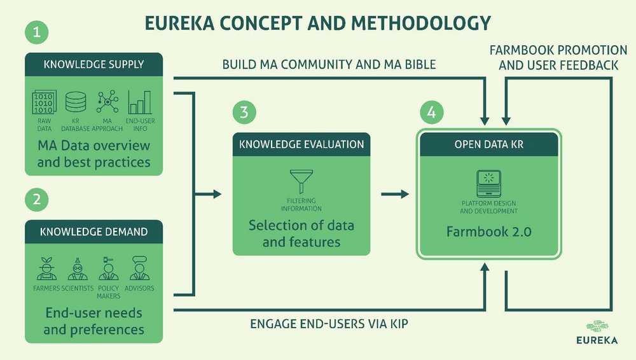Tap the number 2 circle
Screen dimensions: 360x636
37,200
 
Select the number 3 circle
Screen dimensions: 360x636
245,113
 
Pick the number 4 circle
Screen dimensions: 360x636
431,113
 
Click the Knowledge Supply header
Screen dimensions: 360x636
93,64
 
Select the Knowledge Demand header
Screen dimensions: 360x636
93,231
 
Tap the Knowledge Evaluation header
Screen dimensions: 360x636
301,144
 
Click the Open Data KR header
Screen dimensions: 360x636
489,144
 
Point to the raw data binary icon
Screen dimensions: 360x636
44,102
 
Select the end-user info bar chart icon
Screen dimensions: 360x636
140,102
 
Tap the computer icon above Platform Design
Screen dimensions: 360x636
488,184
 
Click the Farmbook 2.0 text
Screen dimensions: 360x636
489,232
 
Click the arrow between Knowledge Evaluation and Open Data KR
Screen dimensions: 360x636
395,193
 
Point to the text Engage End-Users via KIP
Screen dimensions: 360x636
329,324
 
